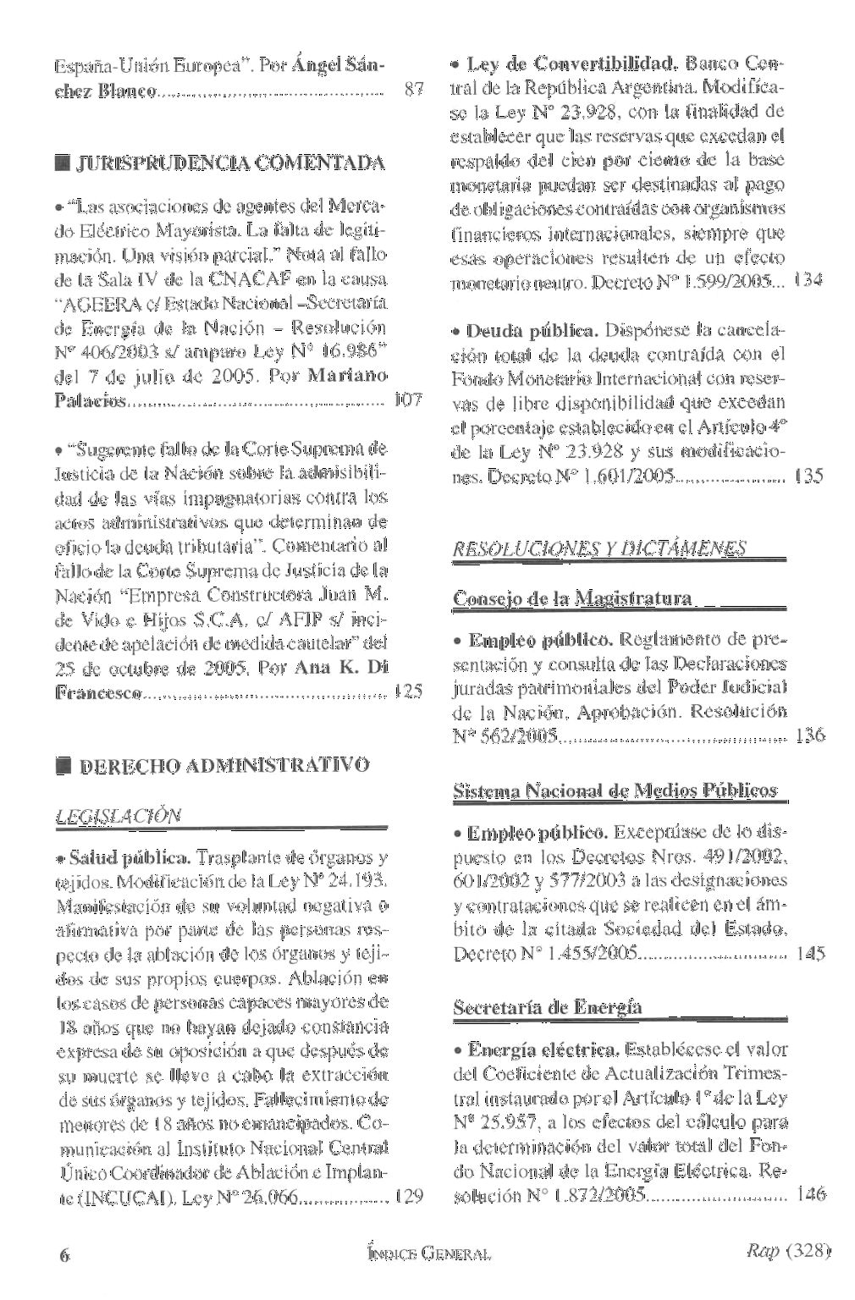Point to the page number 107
tap(410, 399)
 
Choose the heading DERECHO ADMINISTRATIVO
tap(223, 766)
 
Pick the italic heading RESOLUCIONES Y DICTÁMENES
tap(600, 550)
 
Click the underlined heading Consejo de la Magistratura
tap(573, 599)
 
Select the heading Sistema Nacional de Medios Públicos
tap(615, 790)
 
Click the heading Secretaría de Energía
tap(548, 1007)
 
